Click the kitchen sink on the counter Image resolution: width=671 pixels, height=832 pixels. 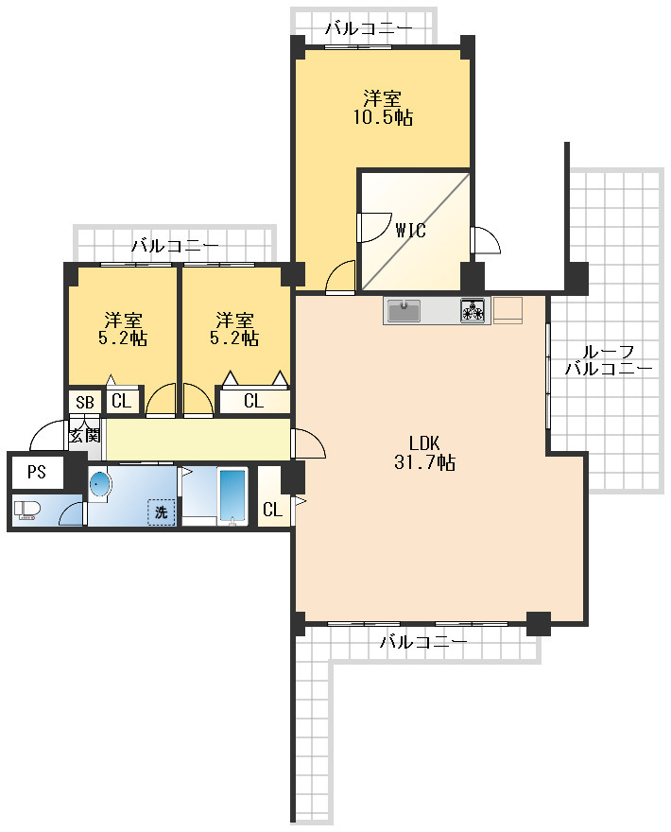(x=404, y=310)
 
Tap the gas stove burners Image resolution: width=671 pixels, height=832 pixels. (x=473, y=310)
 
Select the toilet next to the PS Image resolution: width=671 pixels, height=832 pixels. (x=27, y=511)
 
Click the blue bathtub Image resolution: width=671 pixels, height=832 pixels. (x=232, y=495)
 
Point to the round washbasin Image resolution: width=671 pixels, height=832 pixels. (x=100, y=484)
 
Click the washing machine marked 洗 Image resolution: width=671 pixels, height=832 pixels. (x=162, y=512)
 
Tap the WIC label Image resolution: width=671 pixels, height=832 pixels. (x=410, y=231)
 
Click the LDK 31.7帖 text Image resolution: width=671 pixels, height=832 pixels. (x=424, y=453)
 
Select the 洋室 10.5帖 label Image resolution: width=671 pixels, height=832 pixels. (x=383, y=108)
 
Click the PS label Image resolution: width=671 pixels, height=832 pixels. (x=37, y=472)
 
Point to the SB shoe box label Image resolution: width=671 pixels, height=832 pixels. (x=84, y=403)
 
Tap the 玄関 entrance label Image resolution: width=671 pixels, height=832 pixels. (x=85, y=435)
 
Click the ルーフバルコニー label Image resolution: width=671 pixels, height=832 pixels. (x=608, y=360)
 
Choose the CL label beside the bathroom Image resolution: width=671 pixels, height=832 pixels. (x=272, y=510)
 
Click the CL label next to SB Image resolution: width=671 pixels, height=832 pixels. (x=121, y=401)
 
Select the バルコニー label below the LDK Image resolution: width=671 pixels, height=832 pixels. (x=423, y=642)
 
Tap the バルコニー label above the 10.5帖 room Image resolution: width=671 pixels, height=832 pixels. (x=369, y=28)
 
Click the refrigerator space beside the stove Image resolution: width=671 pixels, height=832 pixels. (x=508, y=310)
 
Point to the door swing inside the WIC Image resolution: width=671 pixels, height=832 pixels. (x=373, y=228)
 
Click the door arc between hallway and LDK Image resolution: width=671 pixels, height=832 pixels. (x=308, y=443)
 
